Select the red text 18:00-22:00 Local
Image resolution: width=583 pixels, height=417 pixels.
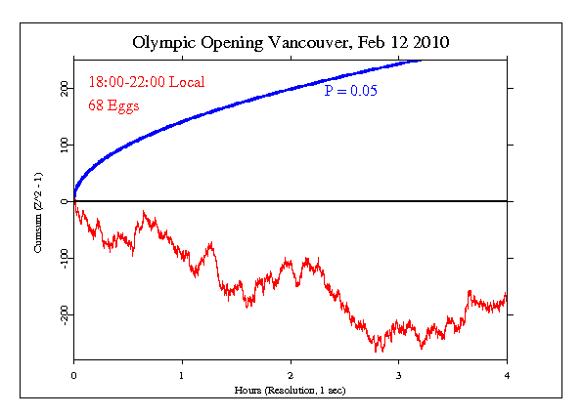coord(146,83)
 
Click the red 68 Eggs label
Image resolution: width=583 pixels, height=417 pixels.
coord(113,105)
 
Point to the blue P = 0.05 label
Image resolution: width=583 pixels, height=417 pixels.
coord(351,91)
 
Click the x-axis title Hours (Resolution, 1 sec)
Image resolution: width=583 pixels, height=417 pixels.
coord(291,390)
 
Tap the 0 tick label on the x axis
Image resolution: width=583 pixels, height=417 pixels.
coord(73,374)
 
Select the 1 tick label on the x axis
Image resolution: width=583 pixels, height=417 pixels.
coord(182,374)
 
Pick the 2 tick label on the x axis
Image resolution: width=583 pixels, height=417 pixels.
coord(291,374)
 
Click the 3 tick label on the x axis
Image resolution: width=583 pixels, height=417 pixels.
coord(398,374)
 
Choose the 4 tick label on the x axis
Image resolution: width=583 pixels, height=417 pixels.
coord(507,374)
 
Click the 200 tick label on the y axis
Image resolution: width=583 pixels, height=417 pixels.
coord(63,88)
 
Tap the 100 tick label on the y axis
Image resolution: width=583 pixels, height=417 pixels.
coord(63,145)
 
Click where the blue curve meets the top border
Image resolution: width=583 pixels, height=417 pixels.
coord(422,60)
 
